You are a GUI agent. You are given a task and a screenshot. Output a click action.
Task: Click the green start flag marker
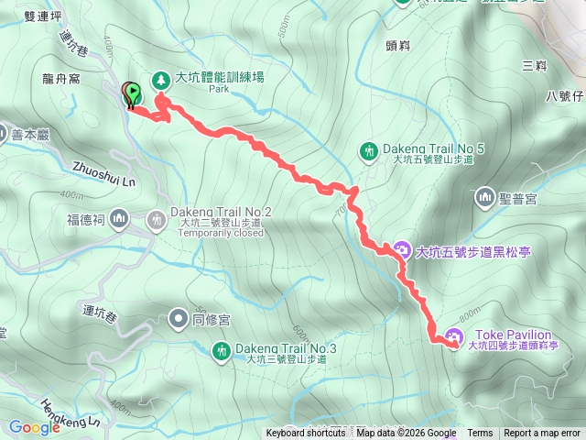[135, 93]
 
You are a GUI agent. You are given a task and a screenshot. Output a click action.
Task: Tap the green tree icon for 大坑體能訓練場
[160, 80]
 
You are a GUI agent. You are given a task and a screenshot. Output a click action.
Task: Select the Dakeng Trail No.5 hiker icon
[369, 150]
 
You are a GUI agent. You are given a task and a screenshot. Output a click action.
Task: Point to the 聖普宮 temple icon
[484, 195]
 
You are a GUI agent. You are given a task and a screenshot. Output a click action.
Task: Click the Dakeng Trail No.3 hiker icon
[221, 350]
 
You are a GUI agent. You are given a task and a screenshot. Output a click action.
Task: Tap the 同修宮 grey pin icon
[178, 320]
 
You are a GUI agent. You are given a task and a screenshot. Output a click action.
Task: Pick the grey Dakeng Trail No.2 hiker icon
[157, 219]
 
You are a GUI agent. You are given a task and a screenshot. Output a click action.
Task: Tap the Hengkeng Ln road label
[70, 412]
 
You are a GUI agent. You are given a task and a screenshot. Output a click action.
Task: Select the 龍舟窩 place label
[61, 80]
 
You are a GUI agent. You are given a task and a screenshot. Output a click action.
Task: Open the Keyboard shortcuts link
[307, 434]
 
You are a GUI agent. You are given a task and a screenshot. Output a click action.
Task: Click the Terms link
[480, 434]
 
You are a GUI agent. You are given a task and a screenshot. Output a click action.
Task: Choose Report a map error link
[543, 434]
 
